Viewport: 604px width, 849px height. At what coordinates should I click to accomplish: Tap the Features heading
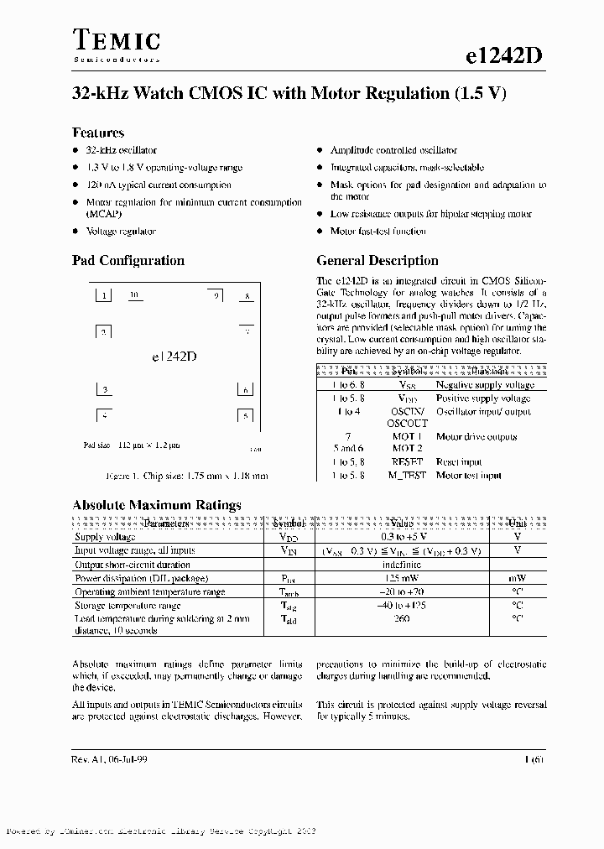pos(98,133)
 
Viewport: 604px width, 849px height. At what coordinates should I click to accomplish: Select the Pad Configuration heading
pos(128,260)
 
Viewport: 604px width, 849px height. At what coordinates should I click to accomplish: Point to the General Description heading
pos(377,260)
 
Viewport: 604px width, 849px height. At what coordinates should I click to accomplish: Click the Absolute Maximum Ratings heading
pos(157,505)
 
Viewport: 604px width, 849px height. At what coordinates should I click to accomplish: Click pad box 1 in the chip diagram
pos(103,295)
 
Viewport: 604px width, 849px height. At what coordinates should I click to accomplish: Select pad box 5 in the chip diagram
pos(245,415)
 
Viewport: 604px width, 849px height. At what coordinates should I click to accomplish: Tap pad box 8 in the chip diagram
pos(246,296)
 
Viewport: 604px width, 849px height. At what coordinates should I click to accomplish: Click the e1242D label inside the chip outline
pos(174,356)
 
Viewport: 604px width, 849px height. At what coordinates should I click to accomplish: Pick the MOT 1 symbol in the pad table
pos(408,436)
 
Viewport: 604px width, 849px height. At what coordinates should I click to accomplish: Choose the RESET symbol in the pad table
pos(408,461)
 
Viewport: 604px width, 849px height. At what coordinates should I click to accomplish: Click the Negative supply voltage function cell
pos(485,385)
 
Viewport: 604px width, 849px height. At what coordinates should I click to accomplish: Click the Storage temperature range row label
pos(128,605)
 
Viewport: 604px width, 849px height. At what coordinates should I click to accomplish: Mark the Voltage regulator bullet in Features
pos(122,231)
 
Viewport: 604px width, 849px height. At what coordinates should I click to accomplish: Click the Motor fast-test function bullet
pos(377,231)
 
